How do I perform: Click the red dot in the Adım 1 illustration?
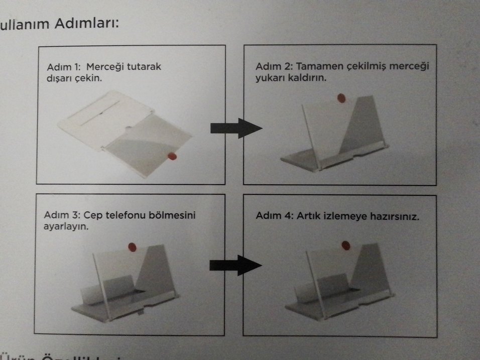tap(172, 157)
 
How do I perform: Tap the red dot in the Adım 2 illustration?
tap(341, 97)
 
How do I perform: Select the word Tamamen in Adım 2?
tap(317, 66)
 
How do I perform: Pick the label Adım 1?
tap(64, 67)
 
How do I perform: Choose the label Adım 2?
tap(274, 66)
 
